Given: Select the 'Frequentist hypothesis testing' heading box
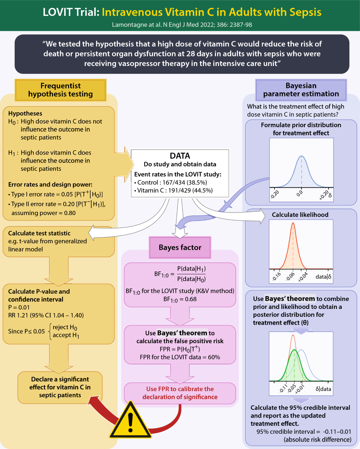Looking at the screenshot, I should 61,90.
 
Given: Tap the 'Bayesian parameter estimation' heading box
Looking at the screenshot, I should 301,90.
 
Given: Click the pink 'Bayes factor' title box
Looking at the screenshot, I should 180,247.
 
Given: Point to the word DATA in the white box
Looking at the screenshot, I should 180,156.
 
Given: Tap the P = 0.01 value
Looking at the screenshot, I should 19,307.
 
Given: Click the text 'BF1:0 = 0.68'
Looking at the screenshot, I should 180,299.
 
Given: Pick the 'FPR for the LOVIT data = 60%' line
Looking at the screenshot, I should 180,357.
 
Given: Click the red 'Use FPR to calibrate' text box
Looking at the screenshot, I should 180,393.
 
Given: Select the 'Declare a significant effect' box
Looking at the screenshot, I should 60,387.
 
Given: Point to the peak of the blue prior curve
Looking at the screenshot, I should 302,156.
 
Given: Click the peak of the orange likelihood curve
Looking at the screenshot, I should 293,223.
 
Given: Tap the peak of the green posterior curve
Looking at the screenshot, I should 294,350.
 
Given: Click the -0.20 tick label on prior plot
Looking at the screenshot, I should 274,194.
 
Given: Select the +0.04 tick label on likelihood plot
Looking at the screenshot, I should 303,277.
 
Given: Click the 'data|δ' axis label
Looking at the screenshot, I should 323,277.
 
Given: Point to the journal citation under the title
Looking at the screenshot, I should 182,25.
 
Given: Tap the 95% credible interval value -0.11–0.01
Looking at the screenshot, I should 337,432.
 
